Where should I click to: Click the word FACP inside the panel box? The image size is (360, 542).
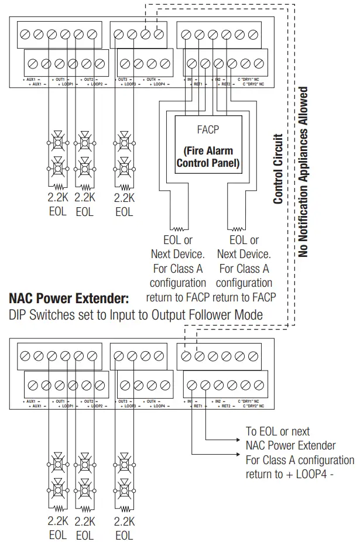[x=208, y=128]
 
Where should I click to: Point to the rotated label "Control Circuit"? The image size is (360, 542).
[x=279, y=169]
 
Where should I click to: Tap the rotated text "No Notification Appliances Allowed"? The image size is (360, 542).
[x=303, y=172]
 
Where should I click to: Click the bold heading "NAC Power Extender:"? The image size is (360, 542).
[x=68, y=299]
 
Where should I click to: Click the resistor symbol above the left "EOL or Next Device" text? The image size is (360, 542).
[x=177, y=228]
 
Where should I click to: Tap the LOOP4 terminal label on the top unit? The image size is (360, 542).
[x=154, y=84]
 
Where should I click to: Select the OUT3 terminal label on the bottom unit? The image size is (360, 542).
[x=123, y=401]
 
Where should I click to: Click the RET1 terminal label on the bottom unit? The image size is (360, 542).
[x=197, y=406]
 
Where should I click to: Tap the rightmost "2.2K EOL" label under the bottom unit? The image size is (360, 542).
[x=124, y=527]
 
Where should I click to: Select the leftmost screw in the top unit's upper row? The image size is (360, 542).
[x=25, y=34]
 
